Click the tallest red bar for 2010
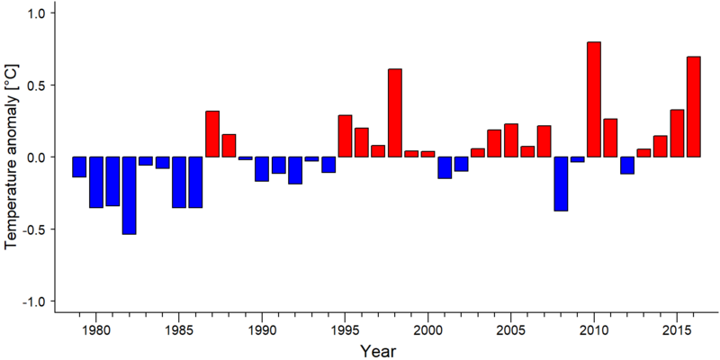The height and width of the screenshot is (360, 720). tap(594, 99)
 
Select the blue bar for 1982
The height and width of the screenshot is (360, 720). tap(129, 195)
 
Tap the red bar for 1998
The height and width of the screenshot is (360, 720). tap(395, 113)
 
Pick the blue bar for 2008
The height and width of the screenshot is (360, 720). tap(561, 184)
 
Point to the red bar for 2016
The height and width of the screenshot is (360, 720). tap(693, 107)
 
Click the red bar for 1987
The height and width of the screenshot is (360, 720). tap(212, 134)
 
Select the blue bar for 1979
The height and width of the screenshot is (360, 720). tap(79, 166)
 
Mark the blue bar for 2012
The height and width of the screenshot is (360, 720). tap(627, 166)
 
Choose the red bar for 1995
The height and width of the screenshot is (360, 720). tap(345, 136)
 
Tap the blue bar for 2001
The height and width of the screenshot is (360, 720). tap(445, 167)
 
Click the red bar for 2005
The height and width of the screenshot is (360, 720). tap(511, 140)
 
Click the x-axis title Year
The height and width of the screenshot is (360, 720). tap(377, 351)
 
